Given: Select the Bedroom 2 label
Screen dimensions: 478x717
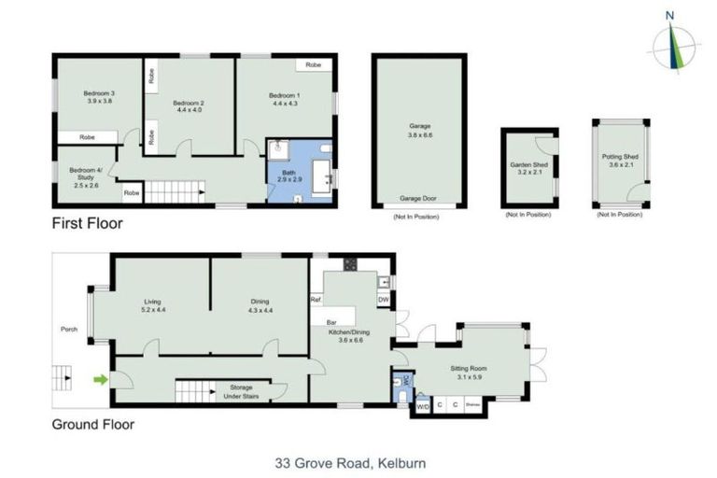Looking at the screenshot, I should pos(188,104).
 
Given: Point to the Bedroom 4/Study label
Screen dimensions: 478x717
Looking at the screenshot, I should pos(86,176).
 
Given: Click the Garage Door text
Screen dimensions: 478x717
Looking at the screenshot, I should pos(418,199).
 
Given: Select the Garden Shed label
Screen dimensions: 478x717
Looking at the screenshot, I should pos(527,168).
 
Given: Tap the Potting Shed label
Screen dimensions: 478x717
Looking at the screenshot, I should pos(619,162).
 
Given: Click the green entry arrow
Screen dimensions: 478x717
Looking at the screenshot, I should pos(98,379).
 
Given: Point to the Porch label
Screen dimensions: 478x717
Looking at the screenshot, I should pos(68,330).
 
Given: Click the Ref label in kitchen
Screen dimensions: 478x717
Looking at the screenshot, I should pos(316,300).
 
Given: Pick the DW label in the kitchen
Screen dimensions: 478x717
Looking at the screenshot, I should pos(383,299).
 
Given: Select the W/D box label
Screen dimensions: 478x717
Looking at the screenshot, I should pos(421,406).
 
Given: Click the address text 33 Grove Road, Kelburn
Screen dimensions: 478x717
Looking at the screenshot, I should pos(350,461).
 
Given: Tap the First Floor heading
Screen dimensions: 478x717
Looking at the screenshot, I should pos(87,223).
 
